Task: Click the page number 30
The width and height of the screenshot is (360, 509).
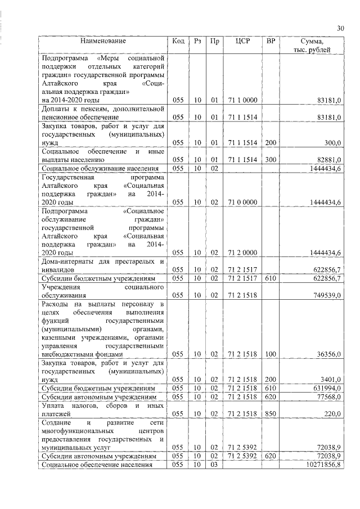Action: [x=340, y=28]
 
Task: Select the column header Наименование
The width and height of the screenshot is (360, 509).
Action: [x=103, y=41]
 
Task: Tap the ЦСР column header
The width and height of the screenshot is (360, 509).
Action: [x=243, y=41]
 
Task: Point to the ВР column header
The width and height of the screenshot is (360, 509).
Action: [x=271, y=41]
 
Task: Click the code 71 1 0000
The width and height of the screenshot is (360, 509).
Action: [x=243, y=100]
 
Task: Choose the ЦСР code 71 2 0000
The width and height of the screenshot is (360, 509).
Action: [x=243, y=253]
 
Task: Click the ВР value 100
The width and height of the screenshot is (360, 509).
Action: [x=271, y=354]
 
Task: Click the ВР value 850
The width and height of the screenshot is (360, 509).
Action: [x=271, y=413]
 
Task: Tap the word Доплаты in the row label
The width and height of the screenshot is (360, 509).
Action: [x=55, y=109]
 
